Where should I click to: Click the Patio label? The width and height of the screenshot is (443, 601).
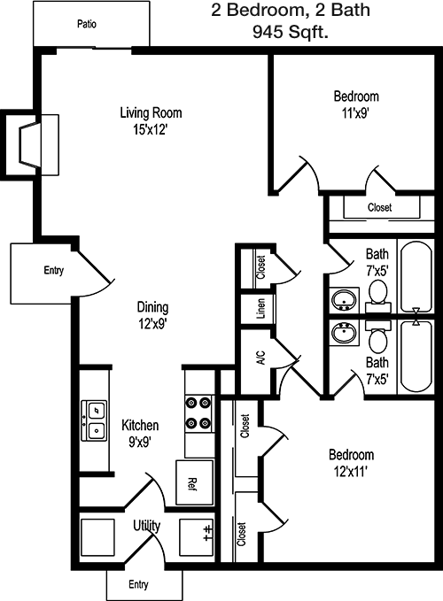[87, 24]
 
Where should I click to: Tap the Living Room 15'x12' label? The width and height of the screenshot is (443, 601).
[151, 121]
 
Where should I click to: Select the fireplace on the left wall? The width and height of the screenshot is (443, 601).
[30, 144]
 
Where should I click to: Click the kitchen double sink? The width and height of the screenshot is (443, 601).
[94, 420]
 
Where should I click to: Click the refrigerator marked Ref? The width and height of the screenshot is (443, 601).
[194, 483]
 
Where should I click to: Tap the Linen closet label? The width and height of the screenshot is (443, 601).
[260, 309]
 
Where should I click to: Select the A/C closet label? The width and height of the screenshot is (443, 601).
[261, 358]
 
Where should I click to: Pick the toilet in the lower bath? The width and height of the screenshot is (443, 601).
[378, 337]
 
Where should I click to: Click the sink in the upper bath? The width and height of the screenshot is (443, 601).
[345, 300]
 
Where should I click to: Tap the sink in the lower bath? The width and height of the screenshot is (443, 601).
[345, 333]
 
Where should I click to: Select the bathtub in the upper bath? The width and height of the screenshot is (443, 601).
[416, 277]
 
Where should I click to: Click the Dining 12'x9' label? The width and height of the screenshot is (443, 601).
[152, 315]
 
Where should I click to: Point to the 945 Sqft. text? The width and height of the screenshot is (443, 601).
[291, 32]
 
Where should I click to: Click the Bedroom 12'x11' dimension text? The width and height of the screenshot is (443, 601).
[351, 472]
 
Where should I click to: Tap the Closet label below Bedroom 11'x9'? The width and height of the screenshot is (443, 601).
[380, 207]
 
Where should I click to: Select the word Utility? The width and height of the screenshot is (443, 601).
[146, 526]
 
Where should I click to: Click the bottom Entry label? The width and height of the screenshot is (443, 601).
[138, 584]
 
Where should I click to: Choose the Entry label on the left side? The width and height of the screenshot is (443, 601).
[54, 270]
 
